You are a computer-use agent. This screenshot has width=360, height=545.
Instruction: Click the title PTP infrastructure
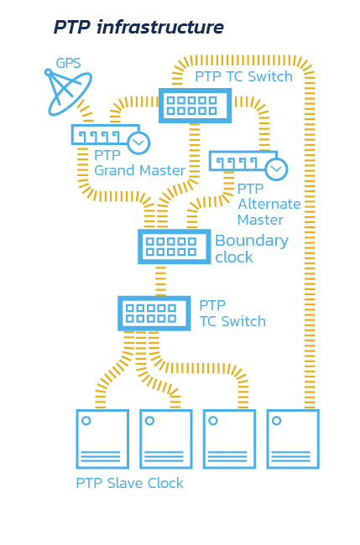138,27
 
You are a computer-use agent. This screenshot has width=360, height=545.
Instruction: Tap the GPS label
68,63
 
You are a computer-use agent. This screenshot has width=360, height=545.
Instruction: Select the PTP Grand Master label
139,163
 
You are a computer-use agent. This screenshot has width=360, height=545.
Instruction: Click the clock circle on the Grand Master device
138,143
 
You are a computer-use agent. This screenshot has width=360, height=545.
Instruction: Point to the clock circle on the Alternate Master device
277,169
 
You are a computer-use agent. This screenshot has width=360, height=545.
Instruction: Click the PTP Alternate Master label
269,205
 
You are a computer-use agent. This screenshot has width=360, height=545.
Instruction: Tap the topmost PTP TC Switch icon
196,106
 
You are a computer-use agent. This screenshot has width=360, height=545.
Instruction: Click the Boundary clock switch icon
175,247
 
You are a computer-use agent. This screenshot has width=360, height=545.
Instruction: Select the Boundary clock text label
252,249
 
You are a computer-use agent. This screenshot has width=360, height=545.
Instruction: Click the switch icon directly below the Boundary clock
154,314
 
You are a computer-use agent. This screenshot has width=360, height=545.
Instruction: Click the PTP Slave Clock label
129,483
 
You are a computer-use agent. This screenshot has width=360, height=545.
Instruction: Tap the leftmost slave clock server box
102,439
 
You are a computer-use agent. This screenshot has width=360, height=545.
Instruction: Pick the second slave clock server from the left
166,439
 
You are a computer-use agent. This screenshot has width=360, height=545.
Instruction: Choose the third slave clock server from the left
230,439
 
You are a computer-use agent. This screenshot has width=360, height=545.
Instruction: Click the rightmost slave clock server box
293,439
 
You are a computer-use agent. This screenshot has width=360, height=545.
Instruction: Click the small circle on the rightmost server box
277,421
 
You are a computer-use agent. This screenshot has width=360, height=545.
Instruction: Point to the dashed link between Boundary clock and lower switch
160,280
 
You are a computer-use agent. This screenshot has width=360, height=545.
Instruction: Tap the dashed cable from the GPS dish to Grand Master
86,112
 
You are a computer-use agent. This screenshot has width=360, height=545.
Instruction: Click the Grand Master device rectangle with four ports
106,134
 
